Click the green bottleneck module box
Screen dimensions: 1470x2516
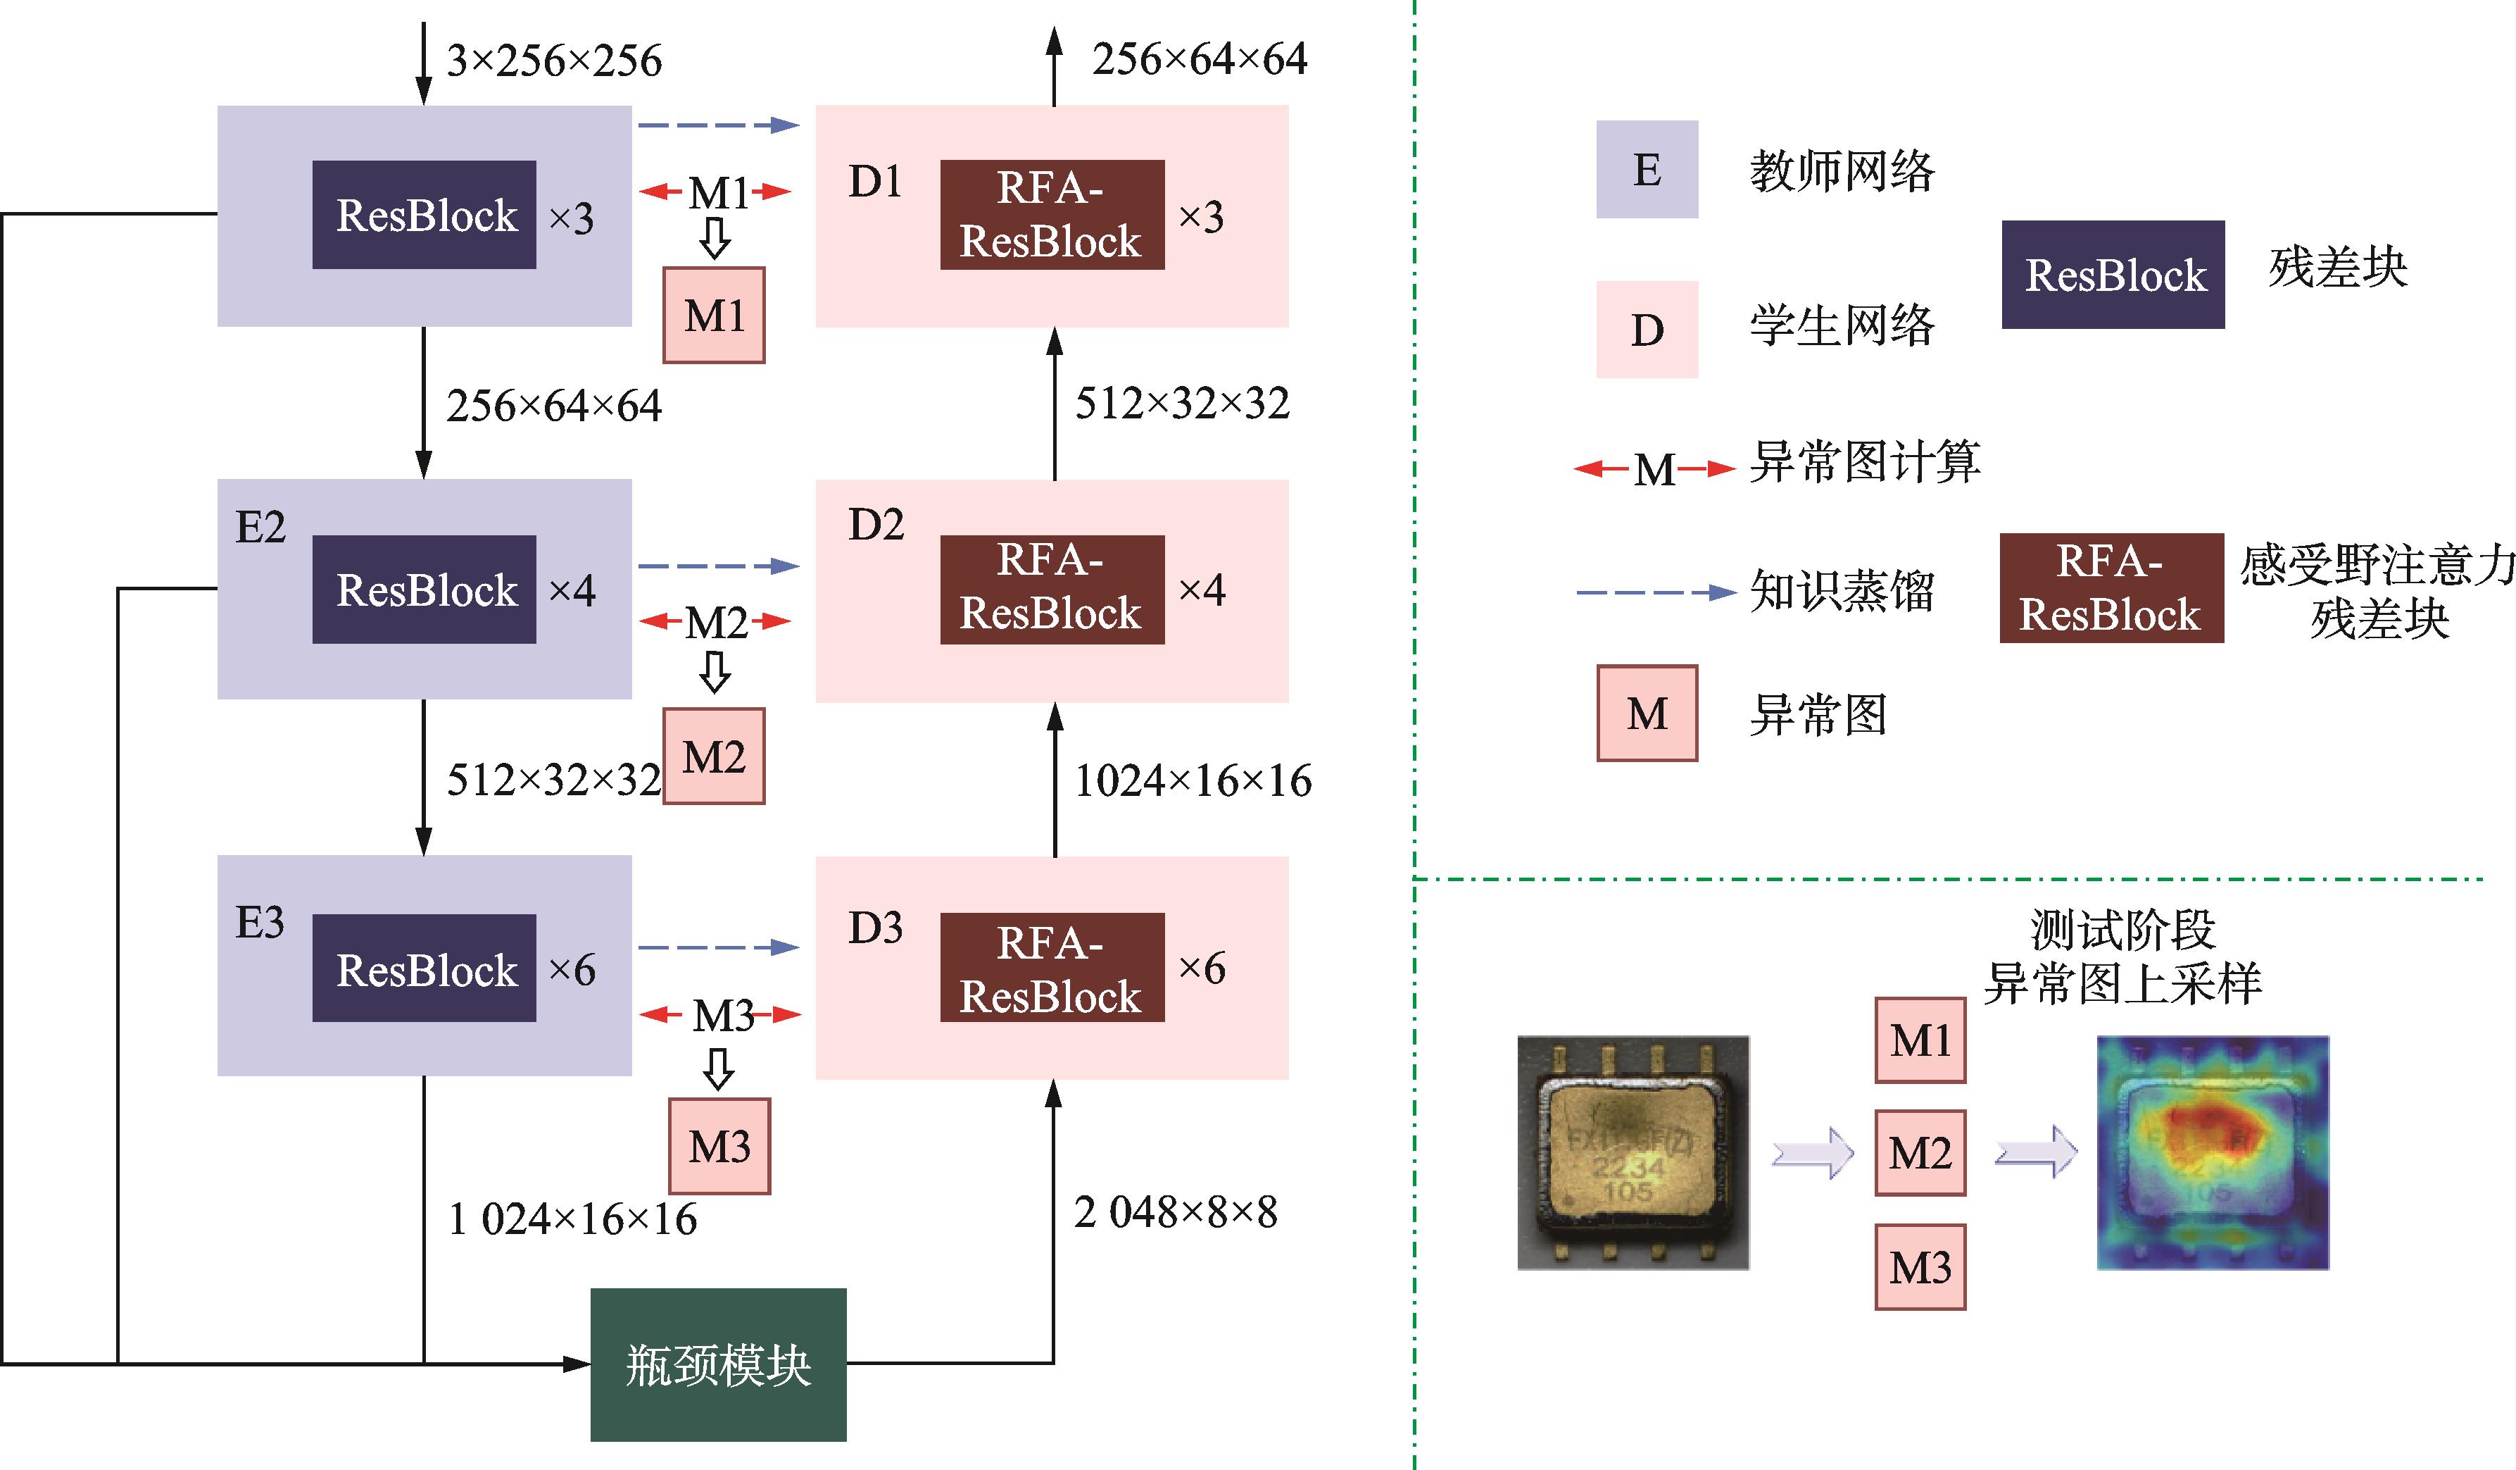[x=718, y=1364]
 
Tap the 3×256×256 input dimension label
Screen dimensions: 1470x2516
[x=554, y=61]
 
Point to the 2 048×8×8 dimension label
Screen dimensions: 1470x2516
[x=1175, y=1212]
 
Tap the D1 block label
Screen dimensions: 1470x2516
[x=874, y=182]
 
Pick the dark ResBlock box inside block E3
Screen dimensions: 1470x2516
[x=424, y=968]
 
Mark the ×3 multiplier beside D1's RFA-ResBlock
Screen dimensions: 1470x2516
[x=1201, y=217]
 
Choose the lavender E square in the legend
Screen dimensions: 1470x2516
[x=1647, y=170]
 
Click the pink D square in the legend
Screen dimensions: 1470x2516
[x=1647, y=330]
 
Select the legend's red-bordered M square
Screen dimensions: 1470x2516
[x=1647, y=713]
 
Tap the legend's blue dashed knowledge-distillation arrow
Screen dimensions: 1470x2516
[x=1654, y=592]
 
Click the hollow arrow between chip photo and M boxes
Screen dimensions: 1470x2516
[x=1812, y=1154]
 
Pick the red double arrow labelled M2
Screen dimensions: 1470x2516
[x=715, y=622]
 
